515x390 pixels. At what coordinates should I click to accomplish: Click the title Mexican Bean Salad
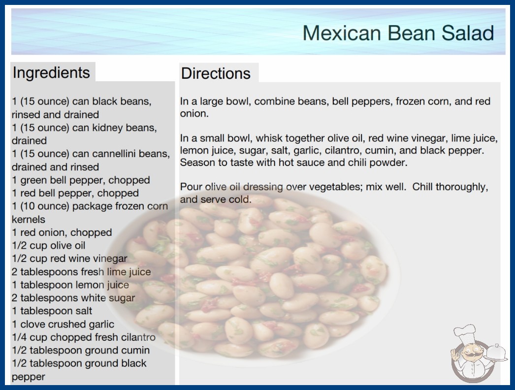pyautogui.click(x=398, y=33)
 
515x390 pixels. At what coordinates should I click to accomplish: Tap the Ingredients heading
pyautogui.click(x=51, y=72)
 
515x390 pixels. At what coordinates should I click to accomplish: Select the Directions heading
pyautogui.click(x=216, y=73)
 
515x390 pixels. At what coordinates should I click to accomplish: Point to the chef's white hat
pyautogui.click(x=464, y=332)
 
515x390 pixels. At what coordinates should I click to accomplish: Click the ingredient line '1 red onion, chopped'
pyautogui.click(x=62, y=232)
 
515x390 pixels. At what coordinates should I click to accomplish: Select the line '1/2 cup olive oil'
pyautogui.click(x=49, y=245)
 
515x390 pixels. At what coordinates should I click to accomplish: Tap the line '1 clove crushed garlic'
pyautogui.click(x=63, y=325)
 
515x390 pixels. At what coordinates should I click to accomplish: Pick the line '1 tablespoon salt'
pyautogui.click(x=52, y=311)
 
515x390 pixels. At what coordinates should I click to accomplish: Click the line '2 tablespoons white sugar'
pyautogui.click(x=73, y=298)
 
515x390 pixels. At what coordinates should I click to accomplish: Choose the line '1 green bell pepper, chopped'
pyautogui.click(x=81, y=180)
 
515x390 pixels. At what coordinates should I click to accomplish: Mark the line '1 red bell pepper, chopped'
pyautogui.click(x=75, y=193)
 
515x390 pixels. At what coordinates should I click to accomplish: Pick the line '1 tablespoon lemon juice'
pyautogui.click(x=70, y=285)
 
